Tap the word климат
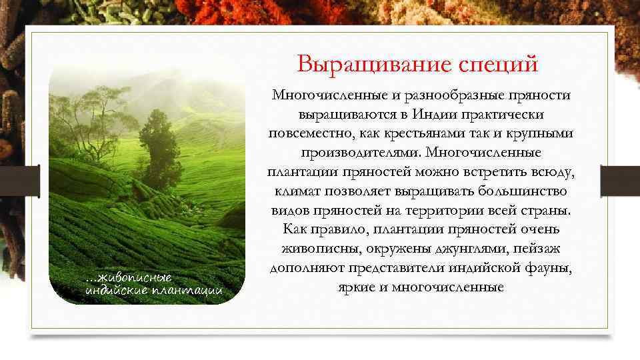295,191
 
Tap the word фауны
549,268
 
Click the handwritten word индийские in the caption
113,290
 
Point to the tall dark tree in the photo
157,143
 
